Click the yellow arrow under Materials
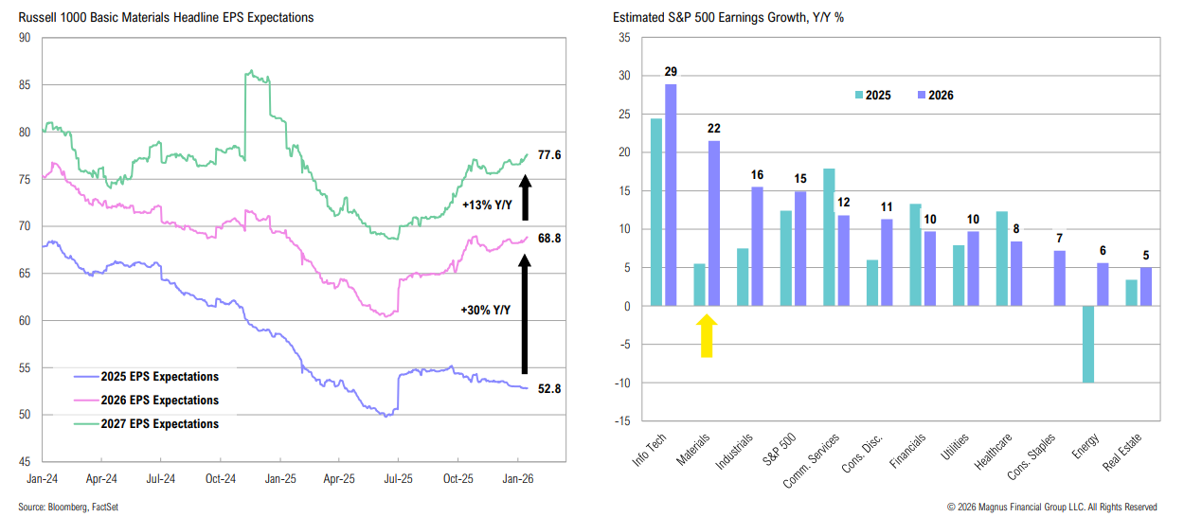(x=706, y=336)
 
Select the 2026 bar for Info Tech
(x=671, y=195)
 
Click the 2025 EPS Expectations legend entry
(x=146, y=377)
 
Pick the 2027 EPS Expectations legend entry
(x=146, y=424)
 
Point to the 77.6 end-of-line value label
(x=549, y=154)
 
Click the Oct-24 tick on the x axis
(x=221, y=479)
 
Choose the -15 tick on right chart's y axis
(x=622, y=421)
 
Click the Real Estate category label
(x=1127, y=454)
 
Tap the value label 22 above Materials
(x=713, y=128)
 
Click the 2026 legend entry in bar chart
(x=933, y=96)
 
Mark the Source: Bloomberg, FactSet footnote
(x=68, y=508)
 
